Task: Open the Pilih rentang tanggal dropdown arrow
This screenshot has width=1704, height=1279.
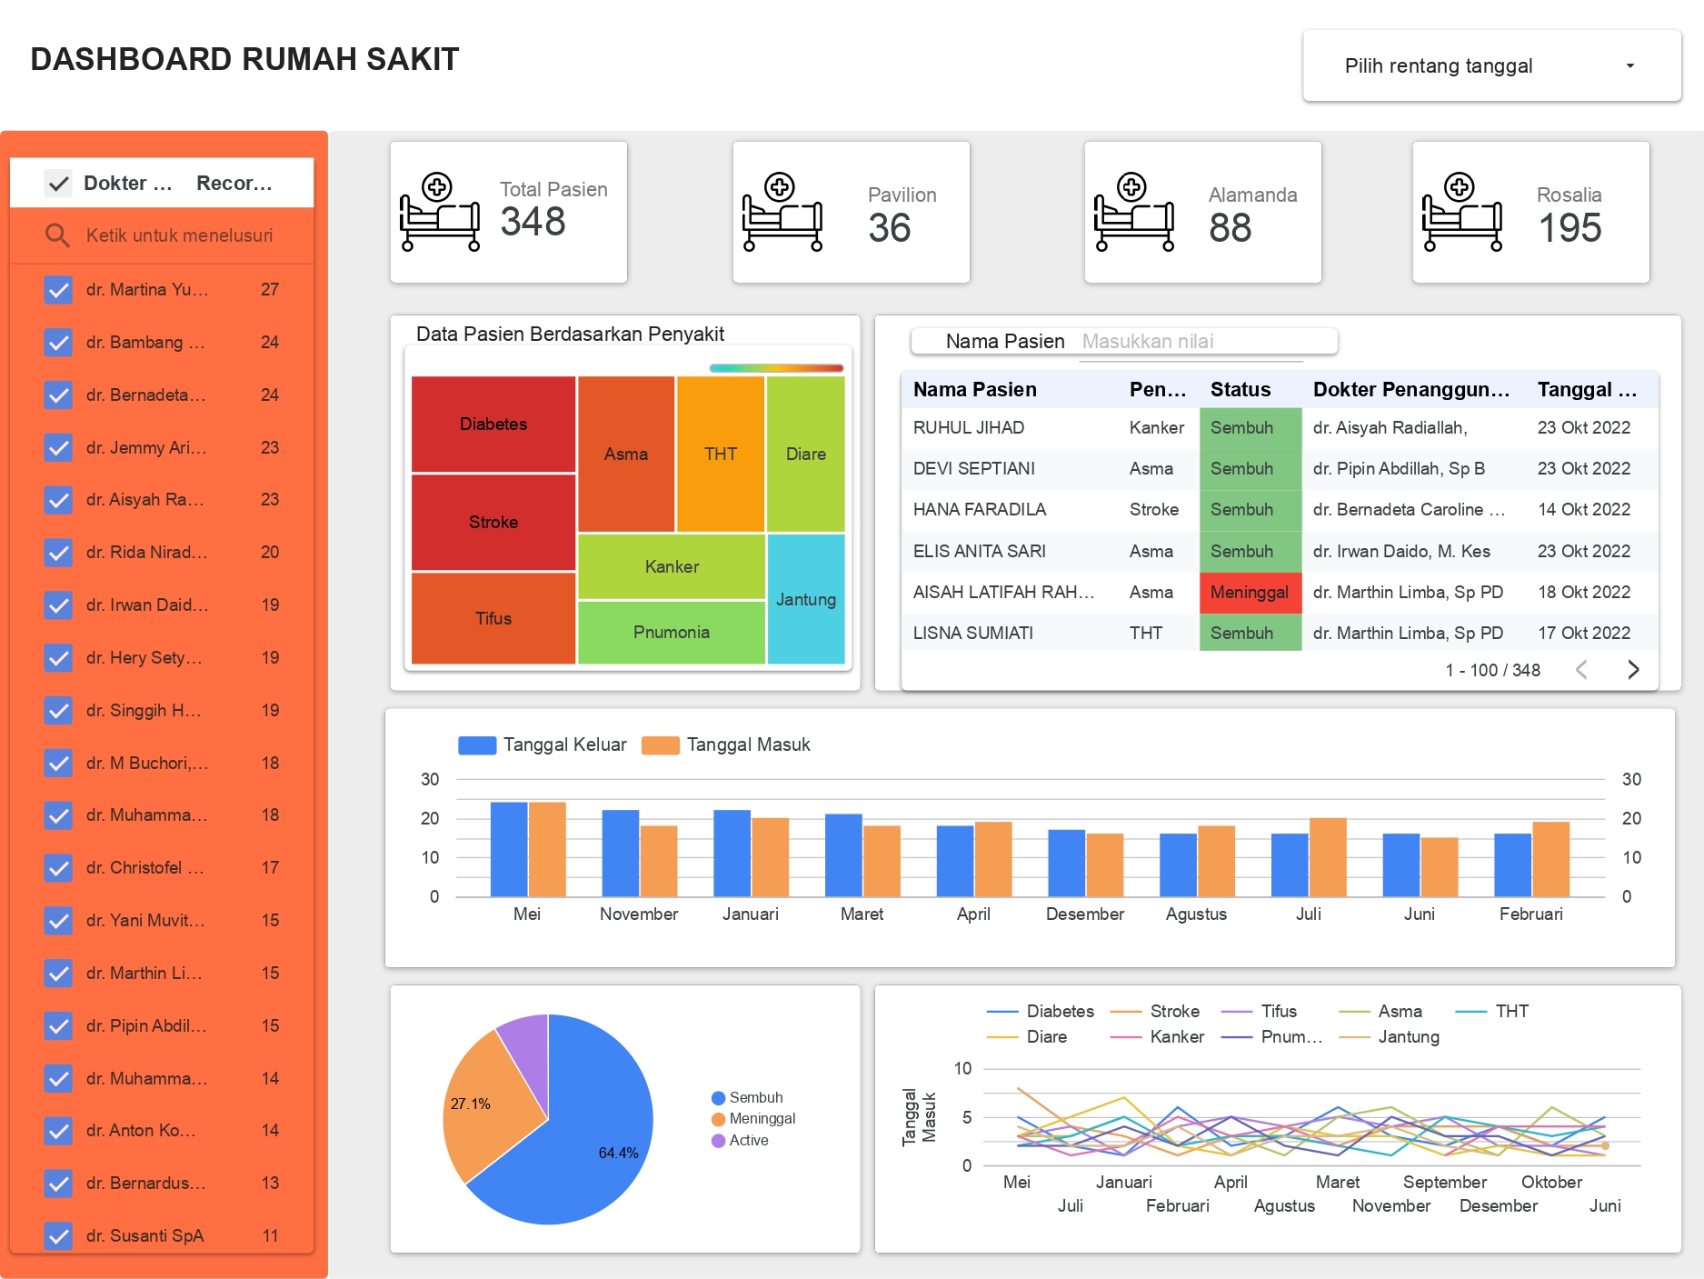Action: click(x=1629, y=65)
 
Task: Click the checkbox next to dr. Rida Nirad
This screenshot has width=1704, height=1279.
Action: click(x=58, y=553)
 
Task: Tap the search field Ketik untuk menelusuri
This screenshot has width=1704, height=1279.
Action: click(x=179, y=235)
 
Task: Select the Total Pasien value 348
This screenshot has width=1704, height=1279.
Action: click(x=533, y=222)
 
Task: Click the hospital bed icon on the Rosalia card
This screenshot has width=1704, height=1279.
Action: click(x=1461, y=213)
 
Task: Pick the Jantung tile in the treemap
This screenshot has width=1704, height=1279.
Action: click(x=805, y=599)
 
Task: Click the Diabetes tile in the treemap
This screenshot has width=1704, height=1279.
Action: click(x=493, y=424)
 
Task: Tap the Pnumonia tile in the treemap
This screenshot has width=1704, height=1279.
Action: click(x=671, y=632)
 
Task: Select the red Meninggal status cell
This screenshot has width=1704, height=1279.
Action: click(x=1250, y=593)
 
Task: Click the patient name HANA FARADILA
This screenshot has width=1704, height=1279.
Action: click(x=979, y=510)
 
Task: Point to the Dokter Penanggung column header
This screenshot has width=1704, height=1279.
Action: click(x=1410, y=390)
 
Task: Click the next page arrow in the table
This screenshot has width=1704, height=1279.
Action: click(x=1633, y=670)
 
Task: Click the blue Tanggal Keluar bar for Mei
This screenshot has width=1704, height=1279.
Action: click(x=509, y=849)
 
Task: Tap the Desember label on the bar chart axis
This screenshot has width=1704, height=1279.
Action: click(x=1084, y=914)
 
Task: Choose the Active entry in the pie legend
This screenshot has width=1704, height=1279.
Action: click(x=748, y=1140)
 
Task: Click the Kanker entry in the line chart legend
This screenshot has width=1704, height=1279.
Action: click(x=1176, y=1036)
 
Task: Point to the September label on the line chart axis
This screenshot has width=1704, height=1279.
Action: click(x=1444, y=1182)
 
